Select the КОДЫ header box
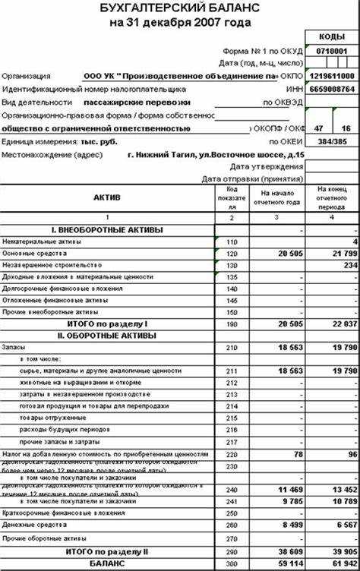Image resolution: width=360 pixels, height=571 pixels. (332, 36)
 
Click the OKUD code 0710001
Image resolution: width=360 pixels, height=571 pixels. (332, 50)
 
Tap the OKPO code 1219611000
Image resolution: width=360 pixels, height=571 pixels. (332, 77)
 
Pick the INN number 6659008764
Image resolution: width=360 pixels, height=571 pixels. (332, 89)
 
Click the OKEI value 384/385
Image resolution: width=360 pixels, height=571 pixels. (332, 141)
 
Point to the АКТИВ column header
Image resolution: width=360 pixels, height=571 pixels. (107, 197)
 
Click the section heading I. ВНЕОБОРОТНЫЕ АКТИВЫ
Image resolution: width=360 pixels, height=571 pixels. (107, 229)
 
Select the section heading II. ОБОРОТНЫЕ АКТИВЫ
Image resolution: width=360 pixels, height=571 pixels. (107, 335)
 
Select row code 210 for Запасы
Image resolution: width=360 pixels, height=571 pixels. (232, 346)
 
